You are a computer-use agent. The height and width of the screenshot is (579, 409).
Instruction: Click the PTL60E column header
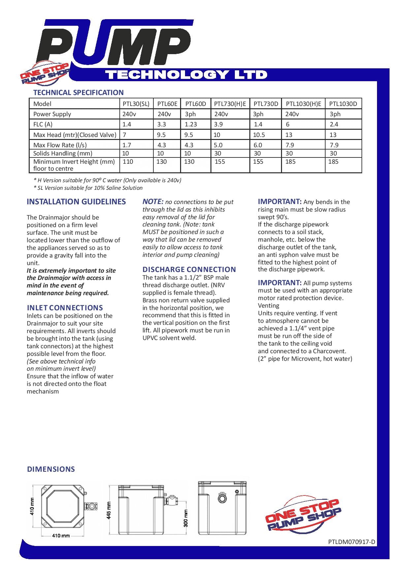(167, 104)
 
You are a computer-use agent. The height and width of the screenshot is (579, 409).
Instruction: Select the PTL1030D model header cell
(343, 104)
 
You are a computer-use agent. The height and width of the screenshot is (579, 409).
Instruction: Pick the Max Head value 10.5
(260, 135)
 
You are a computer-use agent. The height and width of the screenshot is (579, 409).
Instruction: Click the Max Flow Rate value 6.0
(258, 145)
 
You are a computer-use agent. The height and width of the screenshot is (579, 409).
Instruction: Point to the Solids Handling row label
(63, 153)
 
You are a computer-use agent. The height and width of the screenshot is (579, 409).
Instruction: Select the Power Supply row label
(52, 114)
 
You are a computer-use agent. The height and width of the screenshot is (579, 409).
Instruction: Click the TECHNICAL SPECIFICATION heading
(79, 92)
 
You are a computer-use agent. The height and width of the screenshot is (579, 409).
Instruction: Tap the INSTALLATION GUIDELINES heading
(76, 202)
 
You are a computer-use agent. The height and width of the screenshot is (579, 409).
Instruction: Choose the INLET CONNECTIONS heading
(65, 308)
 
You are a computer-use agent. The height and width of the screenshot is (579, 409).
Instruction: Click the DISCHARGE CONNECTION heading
(189, 269)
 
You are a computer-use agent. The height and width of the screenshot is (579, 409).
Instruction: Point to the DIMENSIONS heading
(51, 469)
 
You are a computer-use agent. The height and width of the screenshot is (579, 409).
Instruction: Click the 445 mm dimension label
(109, 510)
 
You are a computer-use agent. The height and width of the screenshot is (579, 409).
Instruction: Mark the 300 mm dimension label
(186, 518)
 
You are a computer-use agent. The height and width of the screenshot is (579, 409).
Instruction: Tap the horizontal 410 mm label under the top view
(61, 535)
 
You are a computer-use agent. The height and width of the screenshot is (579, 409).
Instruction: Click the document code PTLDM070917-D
(352, 542)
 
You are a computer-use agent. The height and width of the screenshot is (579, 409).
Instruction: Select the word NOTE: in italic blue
(153, 202)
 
